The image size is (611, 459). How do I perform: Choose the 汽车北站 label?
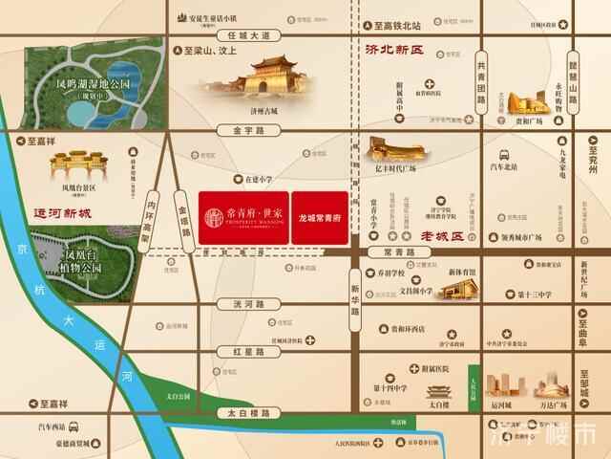pyautogui.click(x=503, y=166)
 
